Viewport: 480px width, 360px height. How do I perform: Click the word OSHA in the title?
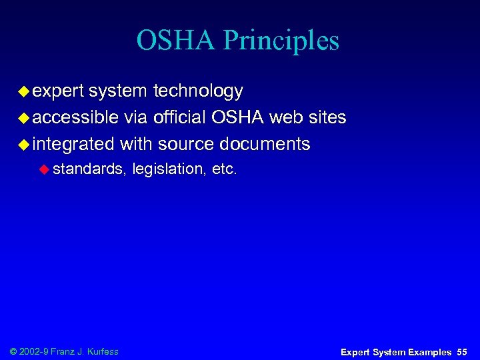(x=176, y=41)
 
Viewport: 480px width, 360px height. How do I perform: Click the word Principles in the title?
(x=281, y=41)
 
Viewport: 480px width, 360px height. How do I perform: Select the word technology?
(x=198, y=91)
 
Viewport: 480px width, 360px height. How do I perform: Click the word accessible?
(x=75, y=118)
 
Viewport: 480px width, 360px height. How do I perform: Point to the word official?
(x=179, y=118)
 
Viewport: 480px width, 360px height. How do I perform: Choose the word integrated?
(x=73, y=145)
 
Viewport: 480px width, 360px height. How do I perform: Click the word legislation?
(x=169, y=170)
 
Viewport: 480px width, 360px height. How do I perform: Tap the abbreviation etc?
(x=224, y=170)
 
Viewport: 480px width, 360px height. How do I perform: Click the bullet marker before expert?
(x=23, y=91)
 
